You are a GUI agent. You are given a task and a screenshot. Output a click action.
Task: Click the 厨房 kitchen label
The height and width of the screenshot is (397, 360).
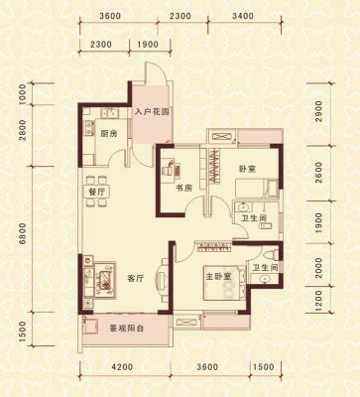[109, 134]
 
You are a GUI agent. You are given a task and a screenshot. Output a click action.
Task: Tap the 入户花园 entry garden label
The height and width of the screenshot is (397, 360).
[152, 112]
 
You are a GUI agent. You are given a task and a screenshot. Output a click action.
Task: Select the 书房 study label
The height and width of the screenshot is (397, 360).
[183, 189]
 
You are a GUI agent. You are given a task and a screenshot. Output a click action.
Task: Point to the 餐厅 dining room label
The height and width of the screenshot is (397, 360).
[96, 193]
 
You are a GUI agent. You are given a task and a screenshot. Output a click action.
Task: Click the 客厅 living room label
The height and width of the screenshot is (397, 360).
[136, 279]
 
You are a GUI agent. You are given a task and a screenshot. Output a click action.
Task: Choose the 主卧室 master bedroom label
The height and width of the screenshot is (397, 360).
[218, 277]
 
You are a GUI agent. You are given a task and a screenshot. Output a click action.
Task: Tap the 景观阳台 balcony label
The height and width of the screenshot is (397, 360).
[127, 329]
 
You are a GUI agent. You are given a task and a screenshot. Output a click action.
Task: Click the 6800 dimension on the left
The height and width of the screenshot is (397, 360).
[23, 233]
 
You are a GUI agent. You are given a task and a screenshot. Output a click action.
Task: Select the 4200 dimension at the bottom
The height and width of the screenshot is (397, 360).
[122, 367]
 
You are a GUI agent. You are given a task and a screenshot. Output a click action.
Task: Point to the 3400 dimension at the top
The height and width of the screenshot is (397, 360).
[243, 16]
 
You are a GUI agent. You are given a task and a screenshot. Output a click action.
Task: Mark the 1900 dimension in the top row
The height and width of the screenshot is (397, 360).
[147, 44]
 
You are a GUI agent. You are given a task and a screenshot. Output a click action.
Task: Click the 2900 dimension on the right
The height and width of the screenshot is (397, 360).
[318, 111]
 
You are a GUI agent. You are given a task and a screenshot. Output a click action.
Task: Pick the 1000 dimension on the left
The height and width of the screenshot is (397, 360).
[23, 94]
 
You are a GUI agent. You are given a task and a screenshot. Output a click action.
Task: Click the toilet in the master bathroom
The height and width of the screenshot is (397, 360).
[270, 255]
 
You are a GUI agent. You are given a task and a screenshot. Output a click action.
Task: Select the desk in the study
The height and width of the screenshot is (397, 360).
[172, 168]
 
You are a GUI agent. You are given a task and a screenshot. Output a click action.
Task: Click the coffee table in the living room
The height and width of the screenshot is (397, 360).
[105, 280]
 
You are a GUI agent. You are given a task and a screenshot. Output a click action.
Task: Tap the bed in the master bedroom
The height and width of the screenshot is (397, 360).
[224, 283]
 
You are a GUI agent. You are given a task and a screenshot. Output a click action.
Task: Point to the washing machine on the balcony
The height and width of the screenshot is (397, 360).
[91, 326]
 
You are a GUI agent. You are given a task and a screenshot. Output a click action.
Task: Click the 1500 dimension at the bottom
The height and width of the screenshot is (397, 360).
[265, 367]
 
